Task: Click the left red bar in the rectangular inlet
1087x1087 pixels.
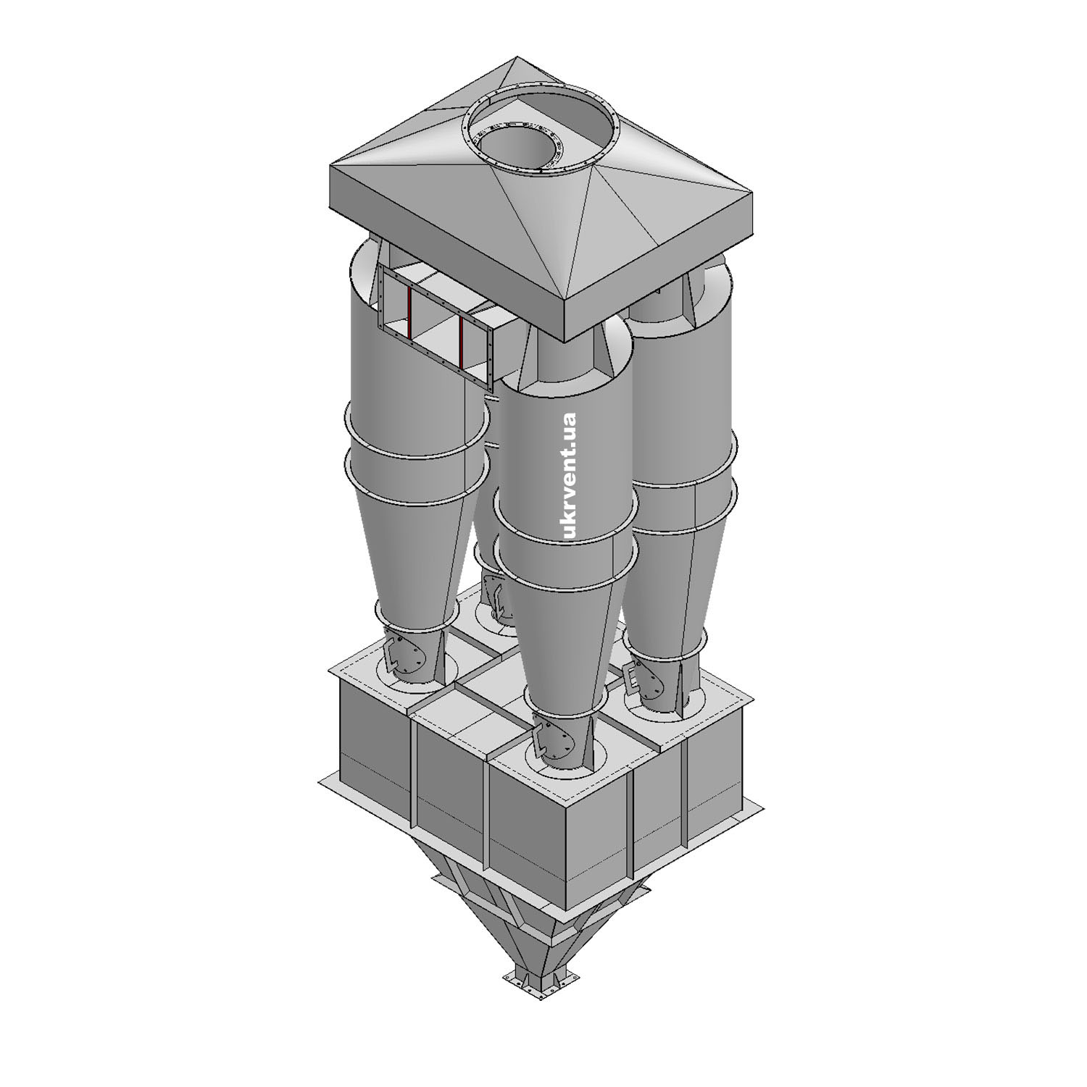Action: [x=409, y=313]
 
